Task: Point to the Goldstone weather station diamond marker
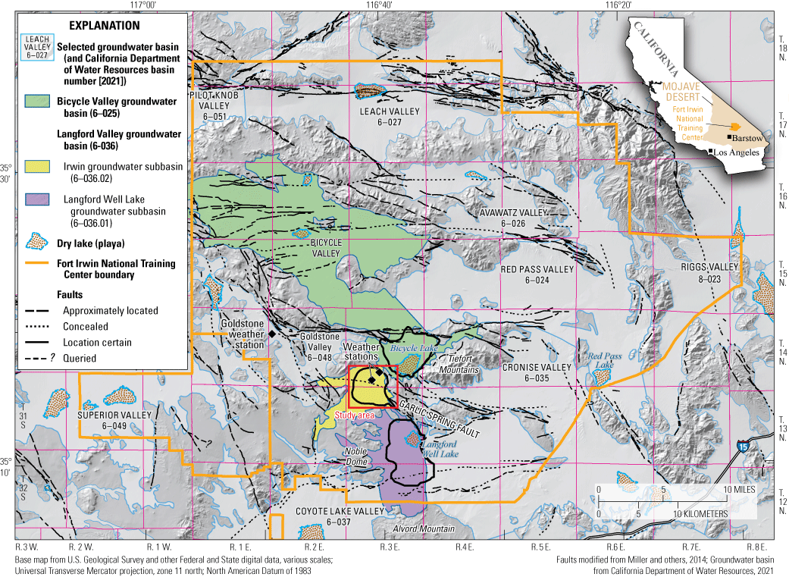click(271, 334)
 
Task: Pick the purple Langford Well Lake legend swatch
click(36, 202)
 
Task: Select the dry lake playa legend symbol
click(36, 242)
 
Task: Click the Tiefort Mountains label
click(462, 364)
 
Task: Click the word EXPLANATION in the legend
click(103, 25)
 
